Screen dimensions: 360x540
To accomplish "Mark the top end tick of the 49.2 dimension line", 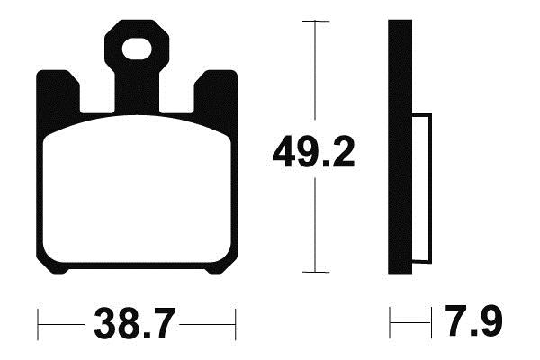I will click(314, 21).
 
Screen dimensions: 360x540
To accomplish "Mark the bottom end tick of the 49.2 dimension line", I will click(314, 271).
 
